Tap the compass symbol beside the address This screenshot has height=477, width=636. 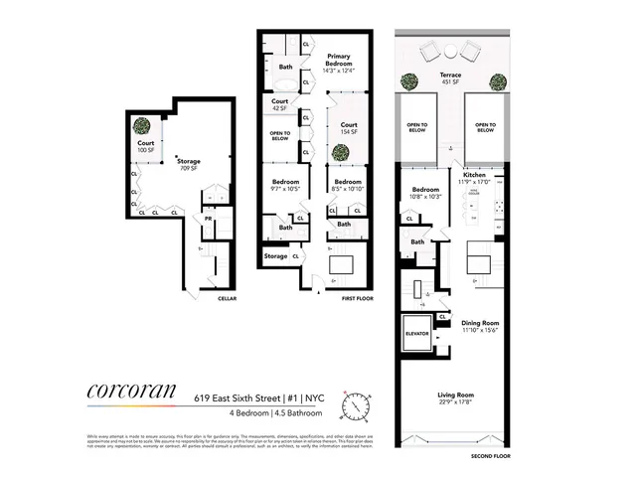click(354, 407)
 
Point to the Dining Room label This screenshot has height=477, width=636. click(480, 326)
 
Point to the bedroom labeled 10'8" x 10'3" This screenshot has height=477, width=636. click(425, 193)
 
